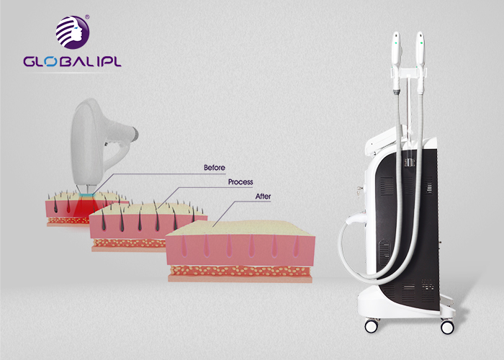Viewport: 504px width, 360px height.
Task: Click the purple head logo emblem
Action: (73, 32)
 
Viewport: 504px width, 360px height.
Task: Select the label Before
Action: (215, 168)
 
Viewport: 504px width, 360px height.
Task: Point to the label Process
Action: (240, 182)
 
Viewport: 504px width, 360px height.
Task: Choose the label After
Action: (263, 197)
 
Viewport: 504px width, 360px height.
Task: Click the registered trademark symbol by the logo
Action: (87, 17)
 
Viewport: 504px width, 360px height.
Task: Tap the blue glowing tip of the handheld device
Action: (86, 195)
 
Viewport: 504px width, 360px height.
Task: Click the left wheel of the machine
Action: (372, 326)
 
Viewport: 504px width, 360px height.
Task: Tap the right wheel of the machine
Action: (447, 327)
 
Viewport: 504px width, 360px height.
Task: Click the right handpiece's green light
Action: (420, 42)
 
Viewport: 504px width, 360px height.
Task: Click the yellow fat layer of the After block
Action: (240, 271)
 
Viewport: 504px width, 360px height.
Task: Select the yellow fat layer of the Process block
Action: (129, 243)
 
